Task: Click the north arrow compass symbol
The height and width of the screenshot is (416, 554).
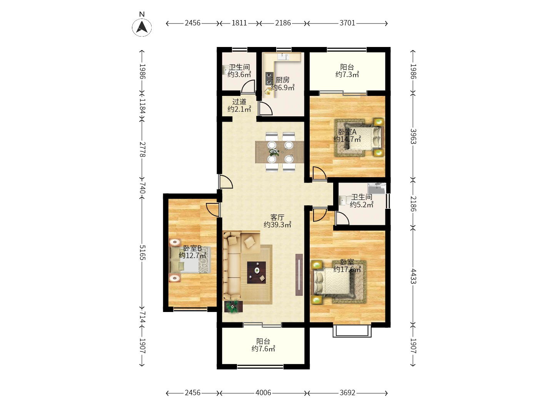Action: pos(142,27)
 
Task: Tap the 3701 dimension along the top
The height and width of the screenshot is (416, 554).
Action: pos(347,23)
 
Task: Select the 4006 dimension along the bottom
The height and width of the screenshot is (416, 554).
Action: pos(263,393)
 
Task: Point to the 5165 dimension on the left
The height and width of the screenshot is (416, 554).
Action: pos(142,252)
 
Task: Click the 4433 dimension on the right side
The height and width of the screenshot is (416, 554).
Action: pos(413,276)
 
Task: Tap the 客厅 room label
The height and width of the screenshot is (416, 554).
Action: pos(277,217)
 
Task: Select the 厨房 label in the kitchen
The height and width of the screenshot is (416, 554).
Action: pos(282,80)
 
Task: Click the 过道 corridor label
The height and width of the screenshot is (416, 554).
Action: pos(239,102)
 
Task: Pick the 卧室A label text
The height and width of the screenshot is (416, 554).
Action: pos(347,132)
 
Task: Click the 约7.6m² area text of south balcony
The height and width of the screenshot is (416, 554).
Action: pos(263,349)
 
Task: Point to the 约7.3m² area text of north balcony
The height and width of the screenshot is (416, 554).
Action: pos(347,75)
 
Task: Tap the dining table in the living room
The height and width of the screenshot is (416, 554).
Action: pos(280,152)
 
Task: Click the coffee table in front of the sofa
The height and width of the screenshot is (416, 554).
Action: pos(256,272)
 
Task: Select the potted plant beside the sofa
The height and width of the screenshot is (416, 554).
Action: pos(233,307)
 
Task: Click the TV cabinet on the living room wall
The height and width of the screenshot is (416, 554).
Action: pos(299,275)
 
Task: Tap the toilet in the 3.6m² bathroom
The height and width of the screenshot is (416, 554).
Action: pos(226,70)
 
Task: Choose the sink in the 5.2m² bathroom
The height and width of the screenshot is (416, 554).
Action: pos(377,188)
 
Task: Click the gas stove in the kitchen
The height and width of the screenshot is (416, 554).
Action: pos(269,79)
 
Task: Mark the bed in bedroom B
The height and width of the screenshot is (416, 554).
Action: pos(190,260)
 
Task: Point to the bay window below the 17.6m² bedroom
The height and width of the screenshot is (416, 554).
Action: pos(352,331)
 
